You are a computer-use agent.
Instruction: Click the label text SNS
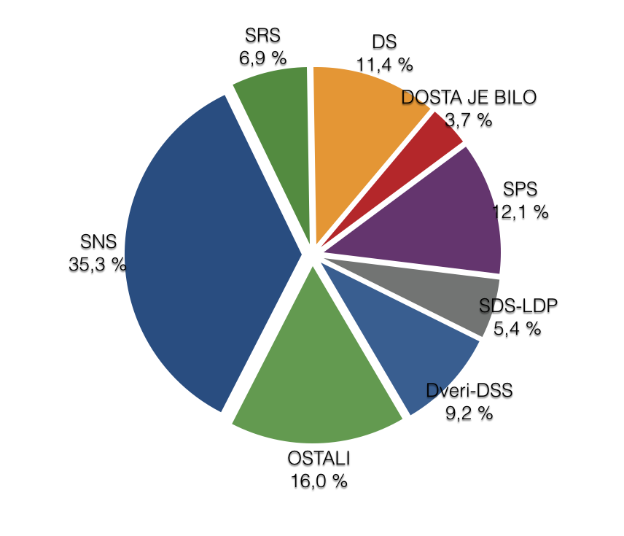coord(98,242)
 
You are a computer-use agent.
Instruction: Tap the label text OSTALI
coord(318,459)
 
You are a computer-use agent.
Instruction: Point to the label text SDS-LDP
coord(518,306)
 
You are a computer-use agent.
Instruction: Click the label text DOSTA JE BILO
coord(469,97)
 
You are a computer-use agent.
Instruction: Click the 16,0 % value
coord(318,481)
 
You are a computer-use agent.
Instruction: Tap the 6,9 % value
coord(263,57)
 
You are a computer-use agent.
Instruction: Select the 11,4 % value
coord(384,65)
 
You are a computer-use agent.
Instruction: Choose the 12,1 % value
coord(520,213)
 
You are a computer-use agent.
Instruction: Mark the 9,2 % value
coord(469,413)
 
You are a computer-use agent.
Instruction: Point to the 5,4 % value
coord(518,329)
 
